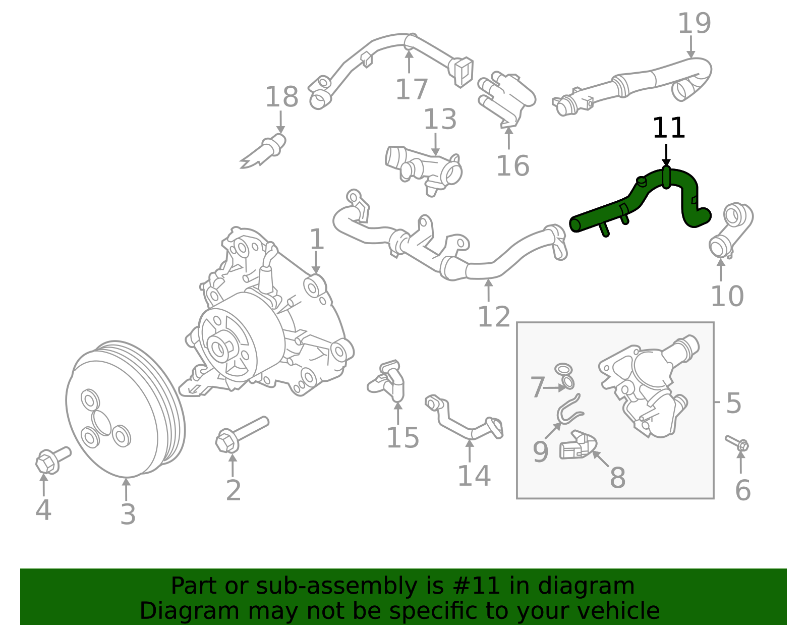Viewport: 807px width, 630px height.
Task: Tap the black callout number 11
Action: (668, 128)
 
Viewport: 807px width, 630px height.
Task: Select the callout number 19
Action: (694, 24)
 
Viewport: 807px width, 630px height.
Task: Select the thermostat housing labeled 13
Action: (426, 169)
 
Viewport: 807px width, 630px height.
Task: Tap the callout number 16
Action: (512, 166)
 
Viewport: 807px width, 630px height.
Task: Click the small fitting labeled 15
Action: (388, 381)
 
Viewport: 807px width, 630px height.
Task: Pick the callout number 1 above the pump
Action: (316, 239)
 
